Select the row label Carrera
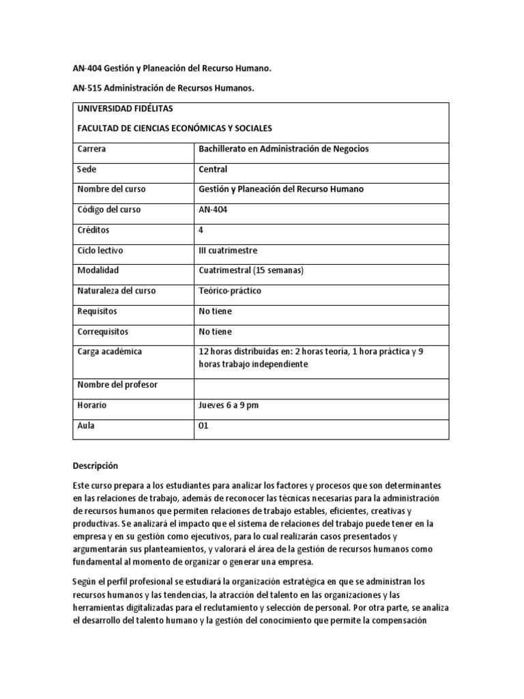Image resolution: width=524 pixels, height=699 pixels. point(91,149)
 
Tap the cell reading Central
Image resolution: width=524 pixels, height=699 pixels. point(213,169)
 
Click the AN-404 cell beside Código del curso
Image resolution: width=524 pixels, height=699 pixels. point(213,210)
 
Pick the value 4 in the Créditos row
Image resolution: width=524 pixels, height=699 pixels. point(201,230)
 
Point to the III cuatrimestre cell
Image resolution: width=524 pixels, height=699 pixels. point(228,251)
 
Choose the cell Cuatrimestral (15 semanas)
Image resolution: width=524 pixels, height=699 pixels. point(250,270)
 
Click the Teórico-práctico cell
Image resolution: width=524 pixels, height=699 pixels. point(229,291)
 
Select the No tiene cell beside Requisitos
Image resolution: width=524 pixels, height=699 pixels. point(215,311)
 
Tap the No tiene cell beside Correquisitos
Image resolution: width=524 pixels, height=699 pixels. point(215,332)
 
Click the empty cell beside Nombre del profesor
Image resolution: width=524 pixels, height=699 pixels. point(321,385)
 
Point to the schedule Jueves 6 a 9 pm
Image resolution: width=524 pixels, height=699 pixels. point(229,405)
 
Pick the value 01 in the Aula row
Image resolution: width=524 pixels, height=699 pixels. point(203,425)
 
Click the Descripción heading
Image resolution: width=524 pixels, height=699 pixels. point(96,466)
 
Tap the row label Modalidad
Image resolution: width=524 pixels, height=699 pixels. point(98,270)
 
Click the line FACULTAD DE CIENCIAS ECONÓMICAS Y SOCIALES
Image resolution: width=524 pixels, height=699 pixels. point(175,128)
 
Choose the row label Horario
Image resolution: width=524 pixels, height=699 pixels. point(92,405)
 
